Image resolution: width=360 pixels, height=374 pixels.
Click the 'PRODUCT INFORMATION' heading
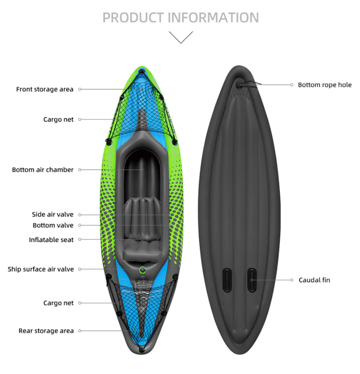click(x=180, y=18)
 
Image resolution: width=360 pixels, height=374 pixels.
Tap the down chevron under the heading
click(x=180, y=37)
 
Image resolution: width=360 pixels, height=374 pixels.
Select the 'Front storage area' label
click(x=45, y=89)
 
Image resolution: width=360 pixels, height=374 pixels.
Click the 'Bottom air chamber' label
click(x=43, y=170)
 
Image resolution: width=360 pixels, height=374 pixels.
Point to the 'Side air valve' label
click(x=52, y=214)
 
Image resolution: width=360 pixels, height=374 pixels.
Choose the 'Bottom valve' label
click(x=53, y=225)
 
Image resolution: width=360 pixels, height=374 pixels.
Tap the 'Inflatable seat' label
click(x=51, y=239)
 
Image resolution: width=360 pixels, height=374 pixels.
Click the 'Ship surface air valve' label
click(x=41, y=269)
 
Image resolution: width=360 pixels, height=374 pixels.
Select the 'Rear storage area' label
click(x=46, y=331)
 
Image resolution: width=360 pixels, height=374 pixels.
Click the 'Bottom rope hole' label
click(x=325, y=85)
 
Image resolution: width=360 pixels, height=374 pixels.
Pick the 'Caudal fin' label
click(x=314, y=280)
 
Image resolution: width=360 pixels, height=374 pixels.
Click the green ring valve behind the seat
click(x=142, y=270)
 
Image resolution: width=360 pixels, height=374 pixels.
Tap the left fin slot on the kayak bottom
click(x=227, y=280)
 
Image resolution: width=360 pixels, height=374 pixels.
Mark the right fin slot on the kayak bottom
click(x=252, y=280)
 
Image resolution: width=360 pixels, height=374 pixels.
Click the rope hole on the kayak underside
click(x=239, y=85)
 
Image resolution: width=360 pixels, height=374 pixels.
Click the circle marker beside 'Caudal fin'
click(x=291, y=280)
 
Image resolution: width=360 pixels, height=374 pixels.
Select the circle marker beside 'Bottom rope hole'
click(x=291, y=85)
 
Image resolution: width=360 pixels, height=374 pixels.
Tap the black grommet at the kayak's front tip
click(x=142, y=71)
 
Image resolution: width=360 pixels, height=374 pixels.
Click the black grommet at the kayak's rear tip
click(x=141, y=350)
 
